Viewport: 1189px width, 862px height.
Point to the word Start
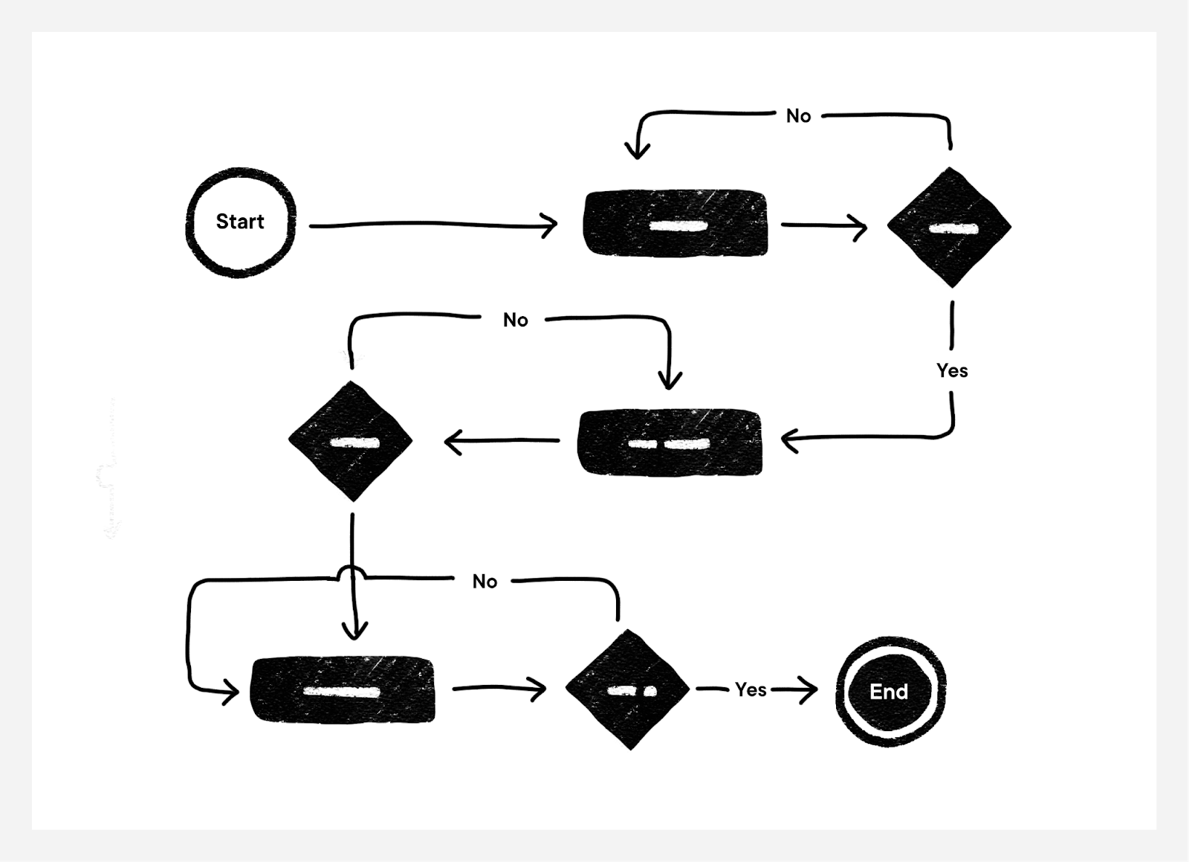point(240,222)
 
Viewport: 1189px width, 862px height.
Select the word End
point(889,692)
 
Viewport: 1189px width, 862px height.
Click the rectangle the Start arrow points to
point(676,224)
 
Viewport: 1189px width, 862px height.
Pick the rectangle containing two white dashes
point(670,442)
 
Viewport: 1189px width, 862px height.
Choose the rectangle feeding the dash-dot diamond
point(343,689)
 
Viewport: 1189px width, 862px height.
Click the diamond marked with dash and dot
point(628,689)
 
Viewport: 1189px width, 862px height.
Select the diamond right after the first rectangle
point(949,227)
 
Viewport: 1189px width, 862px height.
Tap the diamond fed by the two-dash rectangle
point(351,441)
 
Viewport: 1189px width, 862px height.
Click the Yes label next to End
point(751,689)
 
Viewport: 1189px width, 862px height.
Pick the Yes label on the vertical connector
point(952,370)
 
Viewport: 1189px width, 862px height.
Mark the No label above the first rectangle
point(798,116)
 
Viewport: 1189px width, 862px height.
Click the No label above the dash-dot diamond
point(485,582)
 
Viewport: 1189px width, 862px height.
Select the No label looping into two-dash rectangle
point(515,320)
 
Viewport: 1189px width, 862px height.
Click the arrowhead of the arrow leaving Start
point(551,225)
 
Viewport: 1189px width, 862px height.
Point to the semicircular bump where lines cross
point(351,572)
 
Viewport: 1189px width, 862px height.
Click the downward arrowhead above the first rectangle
point(637,152)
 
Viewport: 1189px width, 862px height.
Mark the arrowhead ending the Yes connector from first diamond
point(789,440)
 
